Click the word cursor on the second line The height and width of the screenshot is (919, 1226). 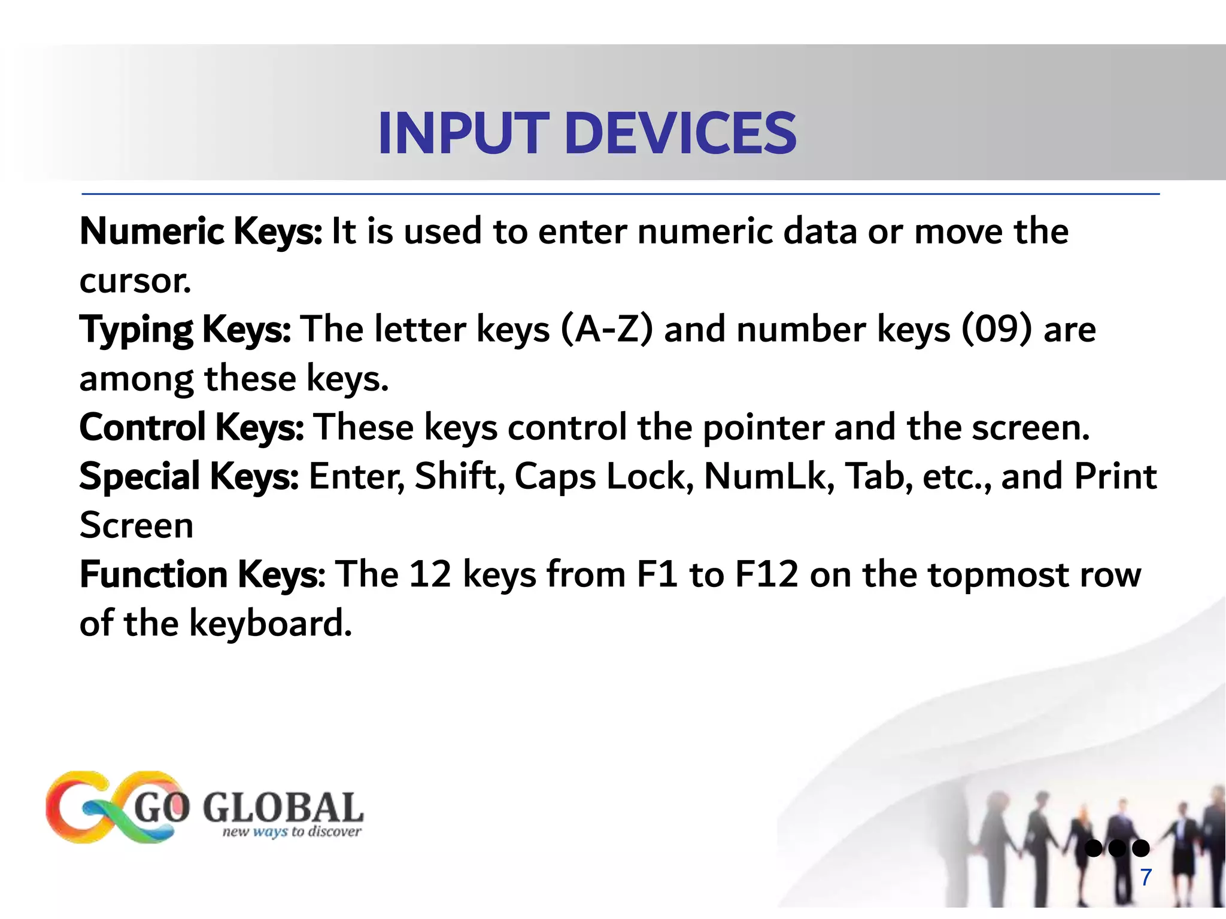[135, 281]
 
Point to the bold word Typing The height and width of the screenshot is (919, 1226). [136, 330]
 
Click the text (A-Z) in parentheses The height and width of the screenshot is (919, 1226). [607, 330]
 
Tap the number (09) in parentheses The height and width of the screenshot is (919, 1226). [997, 330]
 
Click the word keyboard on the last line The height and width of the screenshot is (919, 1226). [271, 623]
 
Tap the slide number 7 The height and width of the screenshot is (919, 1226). [1146, 877]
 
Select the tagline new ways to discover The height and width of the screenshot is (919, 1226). [292, 832]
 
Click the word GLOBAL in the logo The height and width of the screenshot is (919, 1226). [283, 808]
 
